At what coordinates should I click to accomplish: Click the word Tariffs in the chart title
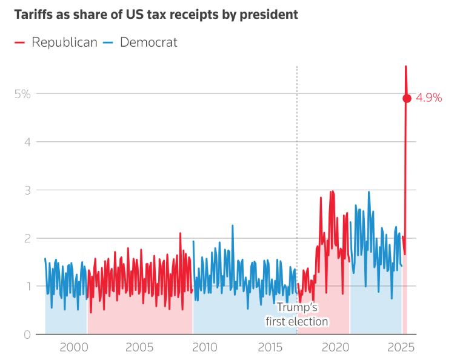tap(35, 15)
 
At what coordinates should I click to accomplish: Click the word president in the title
tap(270, 15)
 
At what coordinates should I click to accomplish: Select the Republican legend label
tap(64, 42)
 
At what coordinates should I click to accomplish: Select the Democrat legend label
tap(148, 42)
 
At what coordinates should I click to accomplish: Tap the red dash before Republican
tap(20, 42)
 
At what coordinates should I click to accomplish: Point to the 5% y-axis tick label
tap(22, 93)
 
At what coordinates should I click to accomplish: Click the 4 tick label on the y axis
tap(27, 141)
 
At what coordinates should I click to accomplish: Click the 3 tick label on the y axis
tap(27, 190)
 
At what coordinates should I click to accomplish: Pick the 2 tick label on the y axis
tap(27, 238)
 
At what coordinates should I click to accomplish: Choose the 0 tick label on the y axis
tap(27, 335)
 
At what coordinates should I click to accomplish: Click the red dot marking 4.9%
tap(407, 98)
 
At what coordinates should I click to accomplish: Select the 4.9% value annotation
tap(429, 98)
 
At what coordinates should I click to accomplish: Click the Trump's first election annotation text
tap(297, 315)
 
